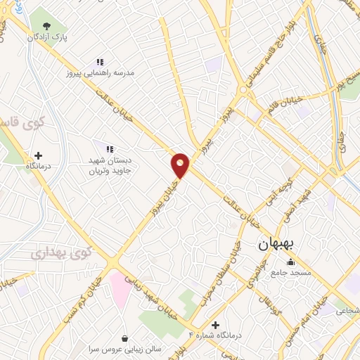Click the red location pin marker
(181, 165)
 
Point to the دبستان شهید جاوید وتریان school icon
(110, 148)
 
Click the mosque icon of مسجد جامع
(291, 262)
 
